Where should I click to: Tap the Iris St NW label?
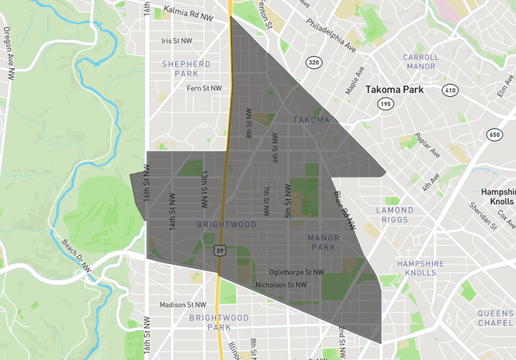[x=177, y=41]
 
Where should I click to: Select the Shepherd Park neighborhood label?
[x=186, y=68]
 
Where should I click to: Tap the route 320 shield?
[x=313, y=62]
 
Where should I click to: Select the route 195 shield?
[x=386, y=104]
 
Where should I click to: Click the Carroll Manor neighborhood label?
[x=421, y=62]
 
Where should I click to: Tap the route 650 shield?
[x=494, y=134]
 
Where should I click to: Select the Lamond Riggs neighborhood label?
[x=395, y=215]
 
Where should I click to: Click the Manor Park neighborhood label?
[x=323, y=242]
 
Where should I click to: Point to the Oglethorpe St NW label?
[x=297, y=272]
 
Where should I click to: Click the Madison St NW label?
[x=183, y=304]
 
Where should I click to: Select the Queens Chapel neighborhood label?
[x=496, y=318]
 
